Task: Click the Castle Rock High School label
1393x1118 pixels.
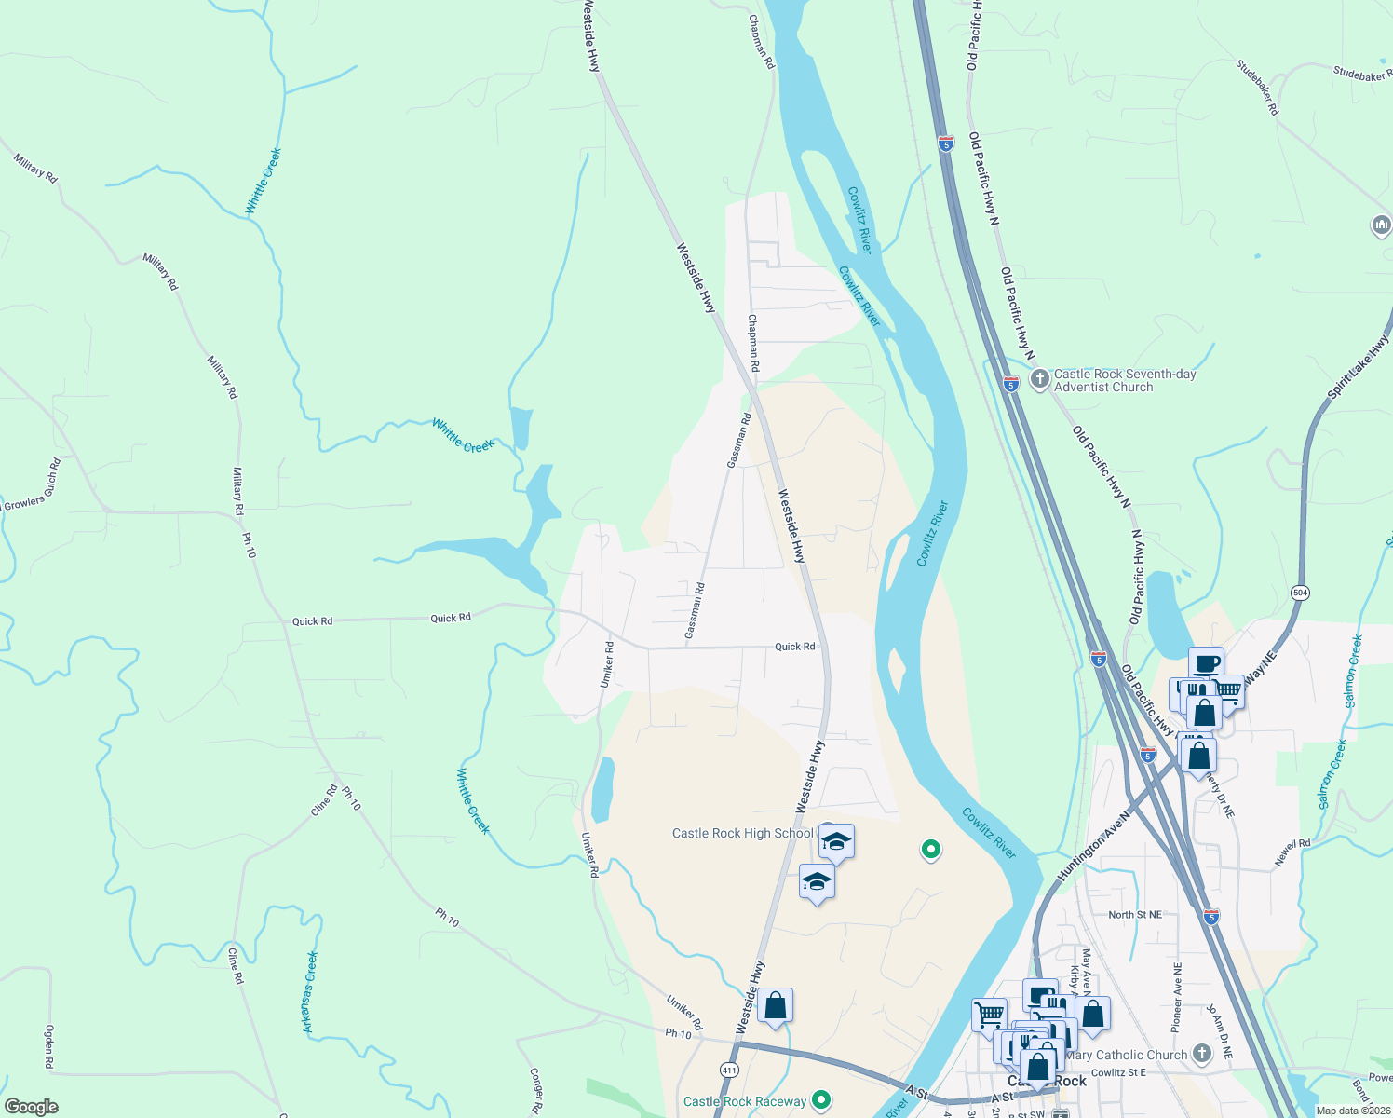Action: click(742, 833)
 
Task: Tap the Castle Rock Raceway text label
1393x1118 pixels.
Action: click(745, 1101)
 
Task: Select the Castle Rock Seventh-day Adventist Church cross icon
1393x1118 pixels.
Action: click(1039, 379)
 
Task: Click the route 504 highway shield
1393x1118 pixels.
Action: click(1300, 593)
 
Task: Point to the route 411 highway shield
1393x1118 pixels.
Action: click(729, 1070)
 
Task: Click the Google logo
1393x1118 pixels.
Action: click(32, 1107)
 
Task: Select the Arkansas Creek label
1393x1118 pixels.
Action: click(310, 991)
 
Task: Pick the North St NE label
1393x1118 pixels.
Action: click(1134, 915)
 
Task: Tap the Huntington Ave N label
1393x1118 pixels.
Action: click(1093, 846)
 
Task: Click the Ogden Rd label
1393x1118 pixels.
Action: click(49, 1046)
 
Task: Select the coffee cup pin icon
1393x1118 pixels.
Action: click(1206, 663)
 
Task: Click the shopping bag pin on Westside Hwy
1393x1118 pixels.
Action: click(775, 1006)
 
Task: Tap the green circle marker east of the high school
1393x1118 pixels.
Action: click(930, 849)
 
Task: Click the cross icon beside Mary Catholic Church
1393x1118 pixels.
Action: click(1202, 1054)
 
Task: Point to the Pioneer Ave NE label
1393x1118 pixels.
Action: click(1177, 997)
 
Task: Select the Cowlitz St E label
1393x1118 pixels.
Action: click(1118, 1072)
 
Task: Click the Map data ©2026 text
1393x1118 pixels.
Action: click(1352, 1111)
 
